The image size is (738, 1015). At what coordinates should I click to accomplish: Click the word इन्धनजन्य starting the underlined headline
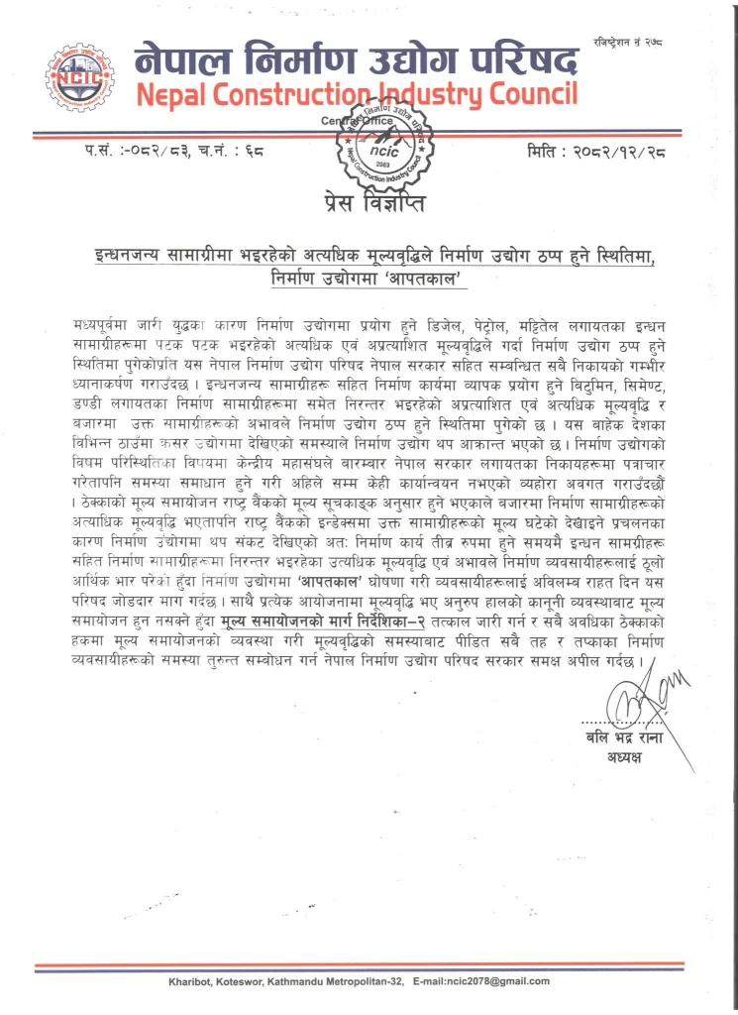[119, 258]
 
